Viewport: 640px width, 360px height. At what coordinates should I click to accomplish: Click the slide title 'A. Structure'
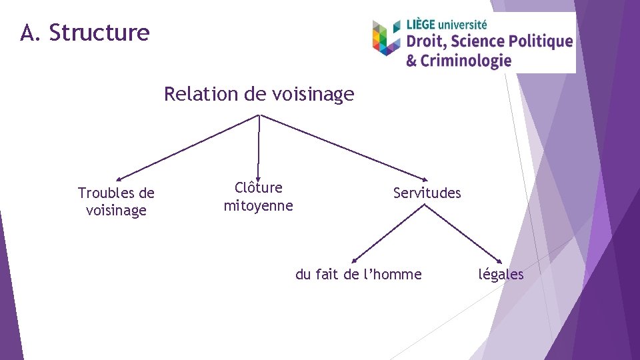click(85, 32)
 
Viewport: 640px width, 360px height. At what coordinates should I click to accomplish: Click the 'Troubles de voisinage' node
click(116, 201)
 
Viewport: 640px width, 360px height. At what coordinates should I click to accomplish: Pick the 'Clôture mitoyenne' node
click(258, 197)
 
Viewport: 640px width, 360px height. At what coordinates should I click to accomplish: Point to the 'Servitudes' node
click(427, 193)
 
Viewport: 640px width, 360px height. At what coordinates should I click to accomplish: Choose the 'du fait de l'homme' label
click(358, 274)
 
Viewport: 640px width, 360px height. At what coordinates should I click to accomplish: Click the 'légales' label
click(501, 274)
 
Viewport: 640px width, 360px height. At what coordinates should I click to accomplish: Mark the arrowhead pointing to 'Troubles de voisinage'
click(118, 179)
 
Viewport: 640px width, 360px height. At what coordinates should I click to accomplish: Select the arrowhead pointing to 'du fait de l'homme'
click(355, 261)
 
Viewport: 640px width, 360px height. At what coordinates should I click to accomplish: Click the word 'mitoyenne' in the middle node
click(258, 205)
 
